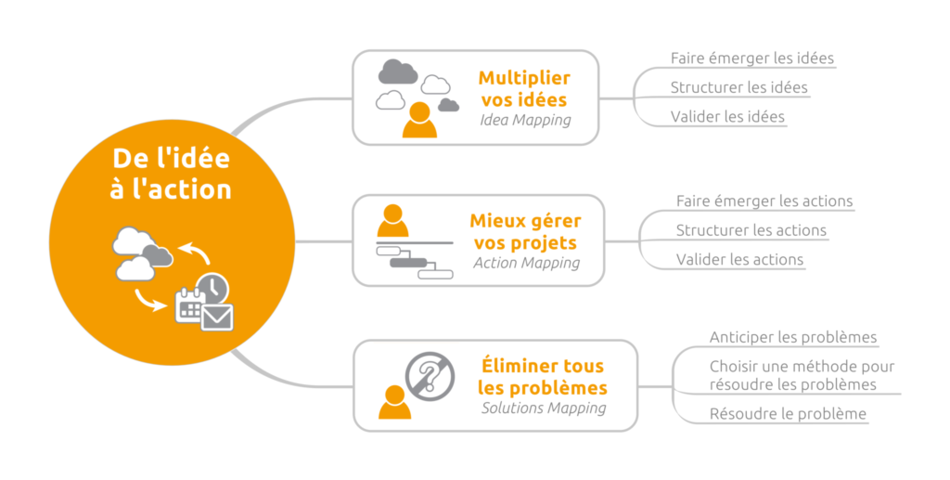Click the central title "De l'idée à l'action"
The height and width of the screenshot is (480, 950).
pyautogui.click(x=172, y=173)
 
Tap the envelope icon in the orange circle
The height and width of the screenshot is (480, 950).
pyautogui.click(x=217, y=317)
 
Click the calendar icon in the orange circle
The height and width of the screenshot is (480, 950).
pyautogui.click(x=190, y=305)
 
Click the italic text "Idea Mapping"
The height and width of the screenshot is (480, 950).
pyautogui.click(x=525, y=120)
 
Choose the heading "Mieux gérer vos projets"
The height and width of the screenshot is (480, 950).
pyautogui.click(x=525, y=231)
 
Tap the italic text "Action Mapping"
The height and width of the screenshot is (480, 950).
pyautogui.click(x=526, y=263)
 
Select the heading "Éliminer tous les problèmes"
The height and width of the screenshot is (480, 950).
pyautogui.click(x=543, y=376)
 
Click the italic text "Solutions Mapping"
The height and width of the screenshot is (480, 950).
pyautogui.click(x=544, y=408)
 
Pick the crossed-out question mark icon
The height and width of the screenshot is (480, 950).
pyautogui.click(x=428, y=377)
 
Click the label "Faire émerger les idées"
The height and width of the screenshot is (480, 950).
pyautogui.click(x=751, y=58)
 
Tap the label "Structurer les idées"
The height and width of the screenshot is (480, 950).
pyautogui.click(x=738, y=88)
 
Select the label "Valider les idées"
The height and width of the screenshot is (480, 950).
pyautogui.click(x=727, y=117)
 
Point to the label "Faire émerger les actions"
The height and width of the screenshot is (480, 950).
pyautogui.click(x=764, y=201)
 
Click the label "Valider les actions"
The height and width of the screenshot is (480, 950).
pyautogui.click(x=739, y=260)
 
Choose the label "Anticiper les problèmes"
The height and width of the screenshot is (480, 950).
pyautogui.click(x=792, y=338)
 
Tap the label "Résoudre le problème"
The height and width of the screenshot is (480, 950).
pyautogui.click(x=788, y=414)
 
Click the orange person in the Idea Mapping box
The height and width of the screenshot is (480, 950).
pyautogui.click(x=419, y=120)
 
